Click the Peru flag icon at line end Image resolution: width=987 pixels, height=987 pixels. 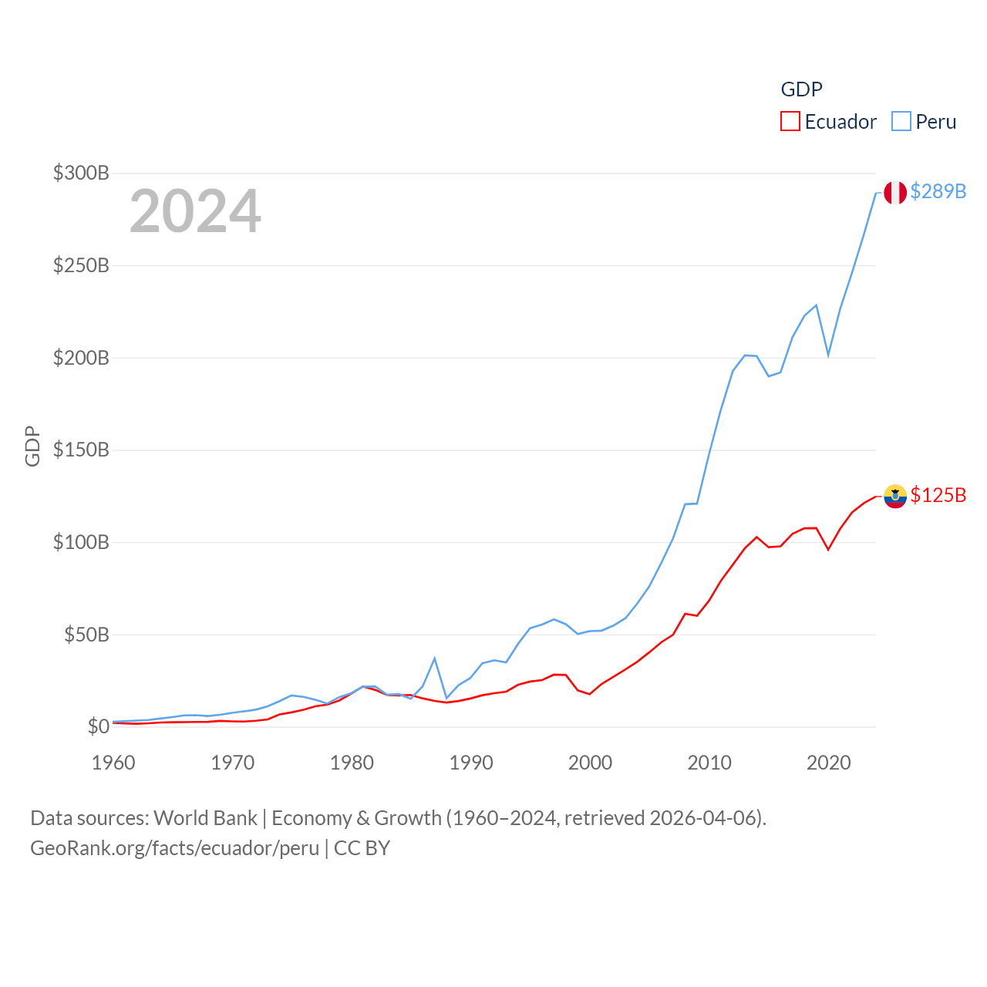click(895, 193)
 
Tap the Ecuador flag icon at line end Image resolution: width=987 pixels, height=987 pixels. click(895, 497)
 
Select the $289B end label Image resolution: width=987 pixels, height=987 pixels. click(938, 191)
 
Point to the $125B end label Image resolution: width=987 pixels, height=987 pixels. click(938, 495)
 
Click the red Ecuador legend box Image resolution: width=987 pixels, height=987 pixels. click(790, 121)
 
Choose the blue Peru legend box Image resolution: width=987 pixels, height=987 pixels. click(901, 121)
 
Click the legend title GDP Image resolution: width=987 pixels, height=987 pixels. click(801, 89)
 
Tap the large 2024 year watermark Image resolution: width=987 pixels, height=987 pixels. click(195, 211)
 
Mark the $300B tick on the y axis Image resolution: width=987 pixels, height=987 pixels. click(81, 173)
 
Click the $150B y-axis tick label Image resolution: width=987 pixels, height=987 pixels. click(81, 450)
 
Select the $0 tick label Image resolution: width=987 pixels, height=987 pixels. click(98, 726)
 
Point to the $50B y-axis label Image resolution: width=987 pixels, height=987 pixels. click(86, 635)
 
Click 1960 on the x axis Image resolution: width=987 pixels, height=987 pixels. click(113, 763)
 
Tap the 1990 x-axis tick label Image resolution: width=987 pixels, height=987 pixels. click(471, 763)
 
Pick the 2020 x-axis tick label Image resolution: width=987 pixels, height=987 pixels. click(828, 763)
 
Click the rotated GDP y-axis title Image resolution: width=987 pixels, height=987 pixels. click(32, 446)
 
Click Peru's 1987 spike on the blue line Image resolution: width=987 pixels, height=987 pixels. click(435, 659)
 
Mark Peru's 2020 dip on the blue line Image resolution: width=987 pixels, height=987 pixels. click(828, 355)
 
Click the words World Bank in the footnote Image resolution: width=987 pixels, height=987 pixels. click(205, 817)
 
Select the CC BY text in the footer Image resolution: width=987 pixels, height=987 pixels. click(362, 848)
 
